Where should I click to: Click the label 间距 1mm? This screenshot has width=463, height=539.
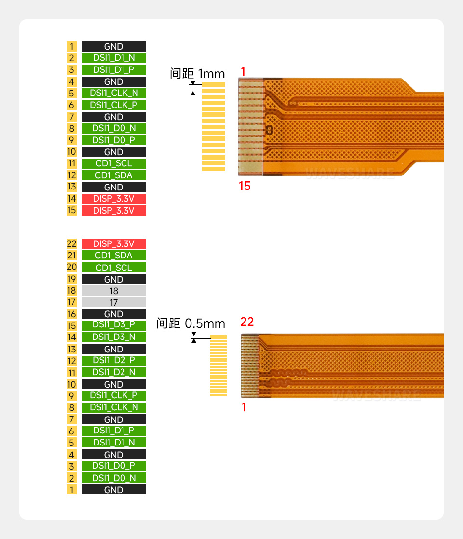(197, 74)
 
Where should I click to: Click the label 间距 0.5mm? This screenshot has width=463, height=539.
(191, 323)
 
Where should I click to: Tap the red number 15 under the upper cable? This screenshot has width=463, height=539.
(245, 186)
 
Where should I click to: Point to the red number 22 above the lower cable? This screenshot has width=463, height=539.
(247, 322)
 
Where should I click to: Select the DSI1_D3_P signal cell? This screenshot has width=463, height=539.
(113, 325)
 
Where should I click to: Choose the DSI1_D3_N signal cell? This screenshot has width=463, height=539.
(113, 337)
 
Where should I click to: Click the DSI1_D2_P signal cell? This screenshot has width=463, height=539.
(113, 361)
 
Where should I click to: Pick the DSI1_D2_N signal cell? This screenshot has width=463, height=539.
(113, 372)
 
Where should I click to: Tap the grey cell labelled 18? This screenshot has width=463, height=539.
(113, 291)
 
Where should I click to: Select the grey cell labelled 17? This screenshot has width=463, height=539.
(113, 302)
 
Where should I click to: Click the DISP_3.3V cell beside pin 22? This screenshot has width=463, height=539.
(113, 243)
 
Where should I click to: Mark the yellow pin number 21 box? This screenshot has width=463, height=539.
(71, 256)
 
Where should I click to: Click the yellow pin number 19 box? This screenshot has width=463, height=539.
(71, 279)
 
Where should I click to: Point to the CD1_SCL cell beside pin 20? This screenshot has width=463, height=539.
(113, 268)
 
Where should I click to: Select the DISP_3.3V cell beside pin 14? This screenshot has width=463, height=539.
(113, 199)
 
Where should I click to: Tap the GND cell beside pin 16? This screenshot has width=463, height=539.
(113, 314)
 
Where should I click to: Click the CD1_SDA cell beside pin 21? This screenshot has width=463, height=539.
(113, 256)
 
